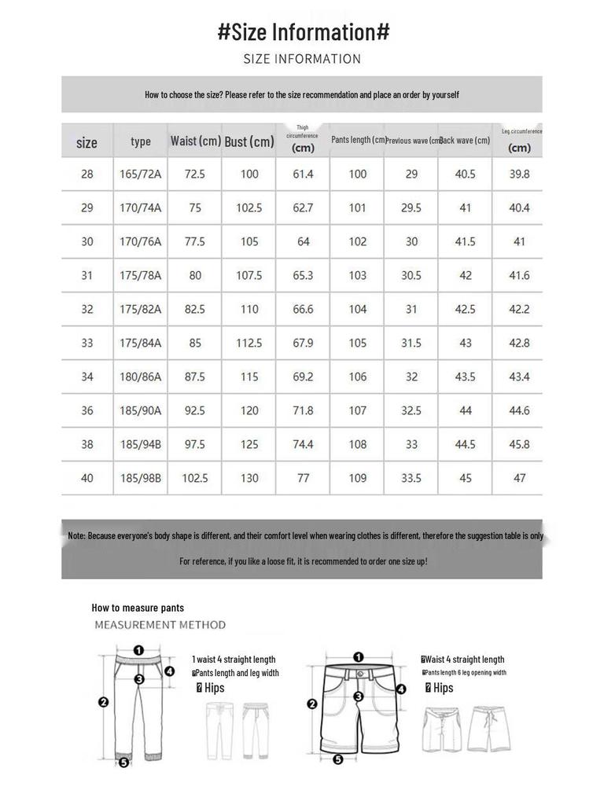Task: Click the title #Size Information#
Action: point(303,32)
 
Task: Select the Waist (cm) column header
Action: point(195,142)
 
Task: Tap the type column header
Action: point(141,142)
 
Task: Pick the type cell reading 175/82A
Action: point(140,309)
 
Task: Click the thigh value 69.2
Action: point(303,377)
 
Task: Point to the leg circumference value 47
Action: point(519,478)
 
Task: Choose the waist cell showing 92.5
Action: point(194,410)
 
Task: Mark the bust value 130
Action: point(249,478)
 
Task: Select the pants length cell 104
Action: point(358,309)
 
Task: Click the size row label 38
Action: point(87,444)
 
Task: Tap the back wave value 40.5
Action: point(466,174)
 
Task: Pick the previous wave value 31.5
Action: point(411,343)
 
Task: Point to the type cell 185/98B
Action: point(140,478)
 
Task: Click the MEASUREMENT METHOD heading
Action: point(160,625)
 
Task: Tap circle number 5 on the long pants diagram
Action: point(123,763)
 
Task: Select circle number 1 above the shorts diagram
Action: point(359,656)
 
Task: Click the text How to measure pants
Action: point(138,608)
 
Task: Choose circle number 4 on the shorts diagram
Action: point(400,689)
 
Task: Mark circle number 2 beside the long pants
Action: point(102,702)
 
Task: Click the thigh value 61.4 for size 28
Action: point(303,174)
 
